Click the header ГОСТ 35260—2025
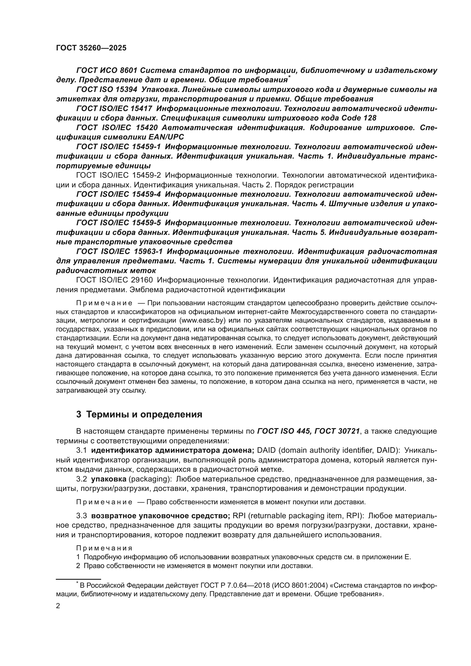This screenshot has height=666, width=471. tap(91, 48)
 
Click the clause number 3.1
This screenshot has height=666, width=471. tap(81, 450)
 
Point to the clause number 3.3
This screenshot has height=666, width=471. tap(81, 516)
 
